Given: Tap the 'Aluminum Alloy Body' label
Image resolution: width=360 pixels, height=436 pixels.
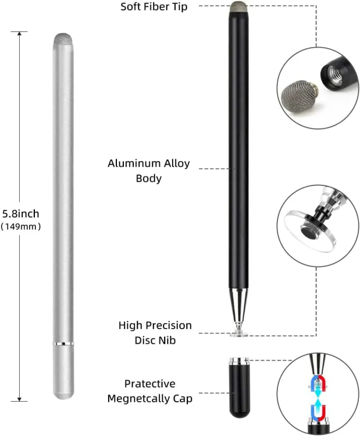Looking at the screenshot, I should [x=148, y=170].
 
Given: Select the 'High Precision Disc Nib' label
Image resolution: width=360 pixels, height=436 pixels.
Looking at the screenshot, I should [x=155, y=333].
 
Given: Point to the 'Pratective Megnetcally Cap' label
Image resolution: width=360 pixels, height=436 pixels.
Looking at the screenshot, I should [x=149, y=391].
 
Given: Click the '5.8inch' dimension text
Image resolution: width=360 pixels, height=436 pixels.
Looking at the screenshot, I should [x=21, y=213].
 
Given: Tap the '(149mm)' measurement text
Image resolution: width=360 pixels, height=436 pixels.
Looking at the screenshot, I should [x=21, y=226].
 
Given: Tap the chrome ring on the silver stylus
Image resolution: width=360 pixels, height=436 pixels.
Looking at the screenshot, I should [x=63, y=344].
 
